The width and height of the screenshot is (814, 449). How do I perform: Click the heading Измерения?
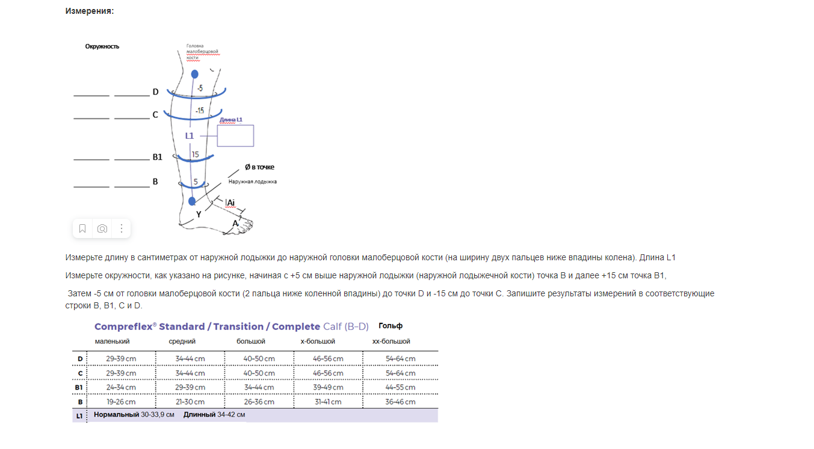[90, 11]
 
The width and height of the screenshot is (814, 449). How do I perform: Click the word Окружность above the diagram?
[102, 46]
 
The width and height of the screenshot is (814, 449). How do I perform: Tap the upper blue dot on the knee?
[194, 74]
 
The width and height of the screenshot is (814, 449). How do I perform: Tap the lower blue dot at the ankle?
[192, 201]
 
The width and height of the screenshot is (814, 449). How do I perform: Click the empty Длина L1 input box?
[235, 136]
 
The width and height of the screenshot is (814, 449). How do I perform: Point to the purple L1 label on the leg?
[190, 136]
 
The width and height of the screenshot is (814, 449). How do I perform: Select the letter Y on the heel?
[199, 214]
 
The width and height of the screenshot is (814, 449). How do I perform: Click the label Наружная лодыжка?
[252, 181]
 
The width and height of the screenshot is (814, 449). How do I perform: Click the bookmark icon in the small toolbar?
[82, 228]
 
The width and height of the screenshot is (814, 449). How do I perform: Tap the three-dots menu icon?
[122, 228]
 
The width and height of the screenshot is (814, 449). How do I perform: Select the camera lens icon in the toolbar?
[102, 228]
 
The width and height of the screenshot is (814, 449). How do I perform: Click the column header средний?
[182, 341]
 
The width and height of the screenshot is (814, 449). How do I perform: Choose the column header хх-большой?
[391, 341]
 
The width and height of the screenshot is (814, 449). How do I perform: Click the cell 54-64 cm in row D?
[401, 359]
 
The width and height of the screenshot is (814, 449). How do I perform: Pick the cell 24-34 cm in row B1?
[121, 388]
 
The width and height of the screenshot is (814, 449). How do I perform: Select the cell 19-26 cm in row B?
[121, 402]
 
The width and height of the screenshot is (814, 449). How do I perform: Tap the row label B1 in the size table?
[79, 388]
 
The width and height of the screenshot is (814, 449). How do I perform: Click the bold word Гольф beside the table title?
[390, 326]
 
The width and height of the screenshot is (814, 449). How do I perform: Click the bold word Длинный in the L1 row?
[199, 415]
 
